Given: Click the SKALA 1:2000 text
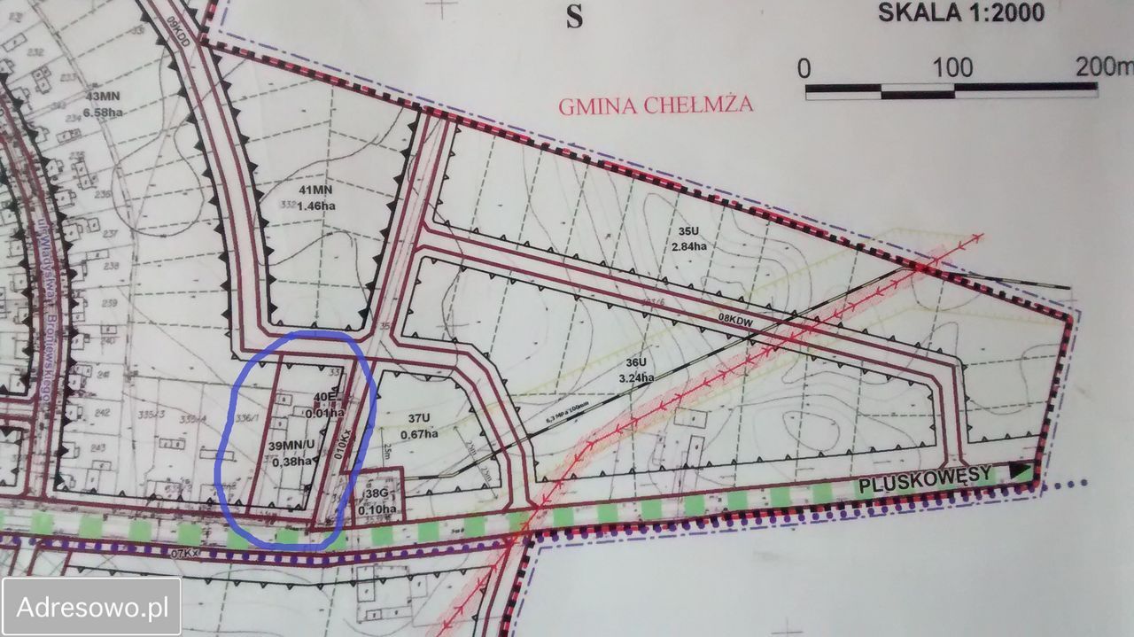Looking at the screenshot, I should coord(960,12).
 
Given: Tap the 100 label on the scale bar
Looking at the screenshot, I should coord(952,67).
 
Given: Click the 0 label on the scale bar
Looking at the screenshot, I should coord(804,68).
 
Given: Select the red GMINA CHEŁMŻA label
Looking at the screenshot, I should coord(656,105).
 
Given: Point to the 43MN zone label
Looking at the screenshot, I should coord(104,96).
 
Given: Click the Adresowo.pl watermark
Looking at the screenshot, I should coord(92,607).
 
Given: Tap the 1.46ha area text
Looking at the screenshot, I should coord(318,206).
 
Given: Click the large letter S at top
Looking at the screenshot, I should coord(575,18).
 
